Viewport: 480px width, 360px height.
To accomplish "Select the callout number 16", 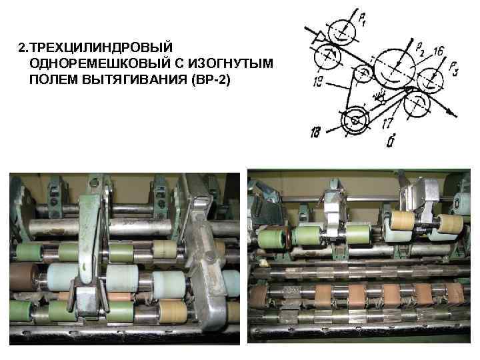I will (x=437, y=51).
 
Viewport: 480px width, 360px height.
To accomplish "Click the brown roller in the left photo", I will (x=25, y=276).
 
